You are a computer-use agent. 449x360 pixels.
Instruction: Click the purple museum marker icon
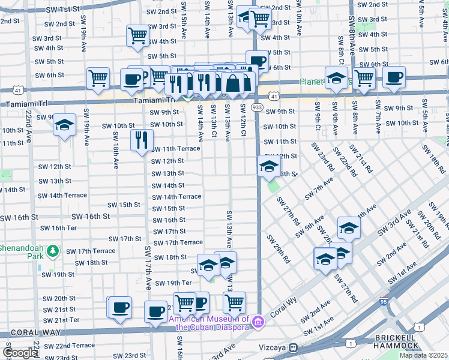click(x=258, y=323)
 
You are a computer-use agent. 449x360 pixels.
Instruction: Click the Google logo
click(x=19, y=353)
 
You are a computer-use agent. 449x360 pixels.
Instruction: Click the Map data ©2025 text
click(x=424, y=355)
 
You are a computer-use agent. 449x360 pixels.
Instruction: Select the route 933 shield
click(x=257, y=107)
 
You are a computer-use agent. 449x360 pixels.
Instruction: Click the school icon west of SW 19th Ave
click(x=64, y=126)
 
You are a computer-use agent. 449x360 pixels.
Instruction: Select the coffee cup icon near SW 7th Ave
click(x=394, y=77)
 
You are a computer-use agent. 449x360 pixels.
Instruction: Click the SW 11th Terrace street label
click(x=175, y=148)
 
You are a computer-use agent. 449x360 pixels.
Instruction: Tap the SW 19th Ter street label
click(x=173, y=283)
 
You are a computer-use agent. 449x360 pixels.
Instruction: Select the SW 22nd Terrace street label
click(x=67, y=345)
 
